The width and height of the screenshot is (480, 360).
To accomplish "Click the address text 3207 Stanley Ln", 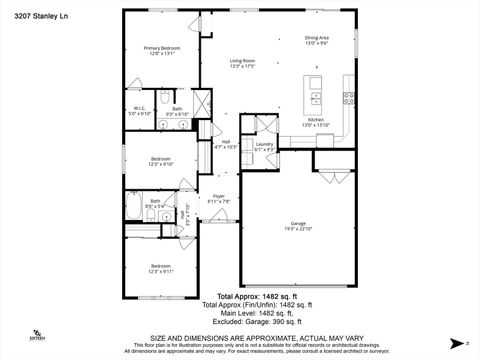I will (x=28, y=16).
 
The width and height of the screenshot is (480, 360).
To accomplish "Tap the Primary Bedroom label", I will (x=161, y=47).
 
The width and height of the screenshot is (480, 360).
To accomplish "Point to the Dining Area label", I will (x=317, y=38).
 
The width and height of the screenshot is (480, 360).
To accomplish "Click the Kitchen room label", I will (x=316, y=119).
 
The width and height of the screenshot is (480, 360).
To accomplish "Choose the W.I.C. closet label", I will (x=141, y=108).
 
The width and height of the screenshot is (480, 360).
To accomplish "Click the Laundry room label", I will (x=264, y=144).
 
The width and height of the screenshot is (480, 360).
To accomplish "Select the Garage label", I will (x=298, y=222).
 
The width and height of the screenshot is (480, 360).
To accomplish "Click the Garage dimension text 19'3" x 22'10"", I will (x=298, y=229).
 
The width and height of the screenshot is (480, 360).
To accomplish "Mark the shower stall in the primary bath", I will (x=201, y=103).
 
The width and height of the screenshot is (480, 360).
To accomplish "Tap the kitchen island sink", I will (x=315, y=99).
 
